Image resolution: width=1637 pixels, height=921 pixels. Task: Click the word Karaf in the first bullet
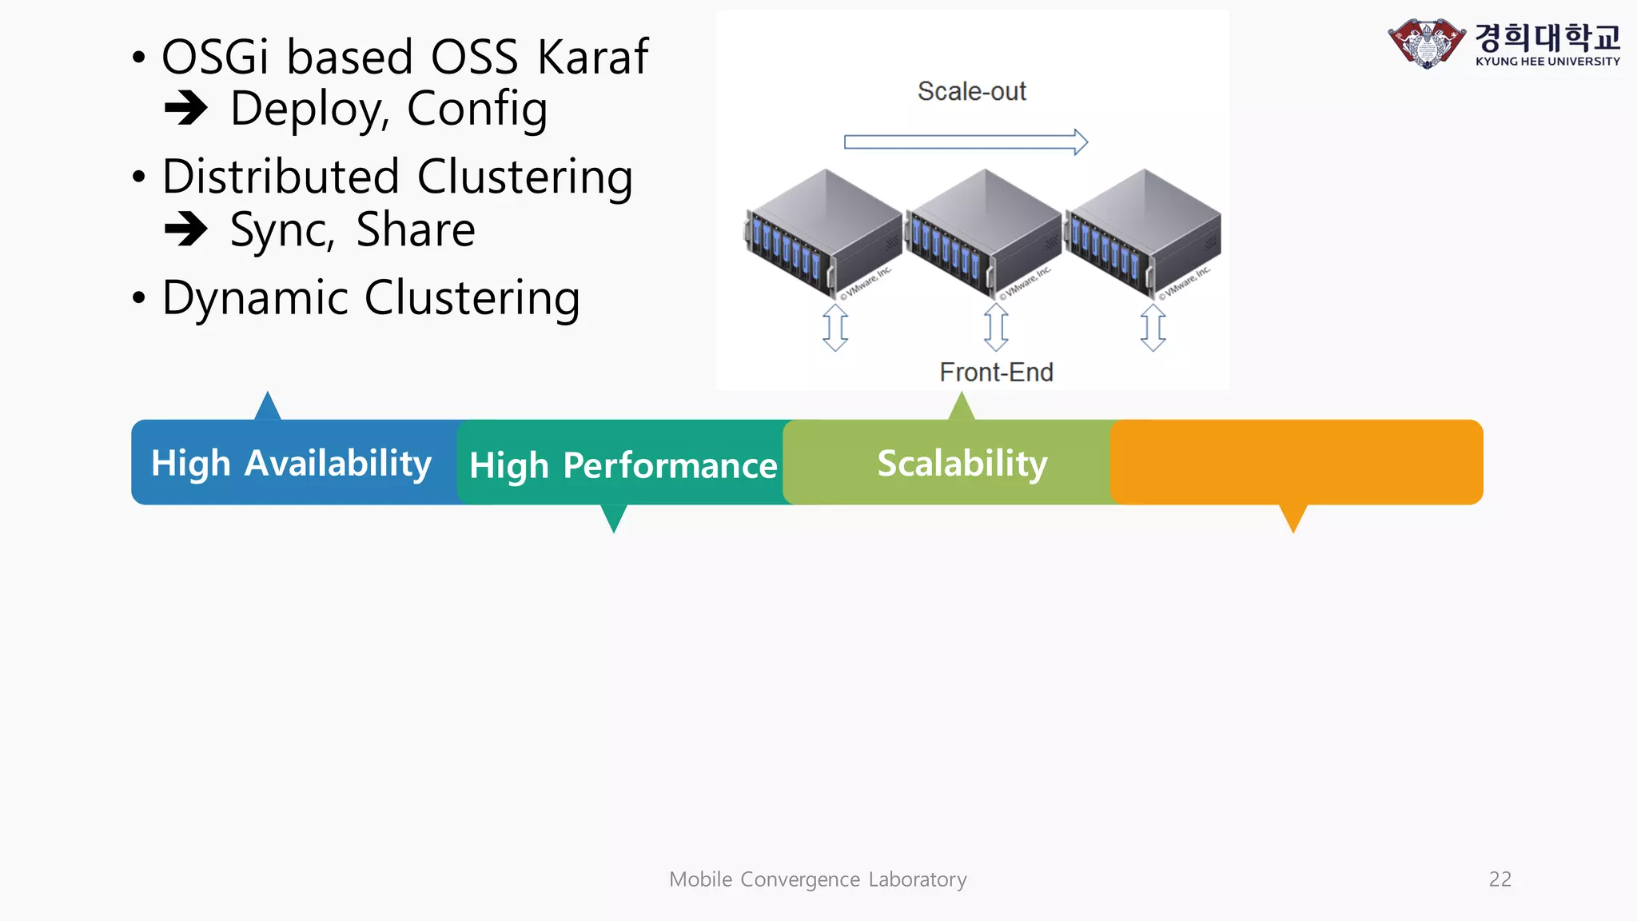click(592, 58)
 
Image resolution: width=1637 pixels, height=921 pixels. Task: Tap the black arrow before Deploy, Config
click(186, 109)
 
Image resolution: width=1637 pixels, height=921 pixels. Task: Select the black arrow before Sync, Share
click(186, 229)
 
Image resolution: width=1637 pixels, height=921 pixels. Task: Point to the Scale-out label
click(971, 91)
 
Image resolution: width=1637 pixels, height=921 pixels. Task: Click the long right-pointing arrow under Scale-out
click(966, 142)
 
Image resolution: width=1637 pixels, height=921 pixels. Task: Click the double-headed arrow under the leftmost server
click(835, 327)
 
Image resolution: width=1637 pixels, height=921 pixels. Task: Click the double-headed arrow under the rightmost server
click(1153, 327)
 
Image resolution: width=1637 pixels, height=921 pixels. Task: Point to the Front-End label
click(996, 372)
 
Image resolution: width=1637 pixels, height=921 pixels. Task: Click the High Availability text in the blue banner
click(291, 463)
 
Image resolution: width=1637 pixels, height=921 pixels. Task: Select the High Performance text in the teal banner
click(623, 465)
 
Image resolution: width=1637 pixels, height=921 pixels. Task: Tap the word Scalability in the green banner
click(962, 463)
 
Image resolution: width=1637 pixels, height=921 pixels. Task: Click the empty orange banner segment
click(1296, 462)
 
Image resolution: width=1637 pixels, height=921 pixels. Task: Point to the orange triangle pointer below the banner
click(1292, 516)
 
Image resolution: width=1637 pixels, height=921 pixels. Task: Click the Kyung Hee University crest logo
click(1426, 43)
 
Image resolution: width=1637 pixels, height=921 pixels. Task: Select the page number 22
click(1500, 879)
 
